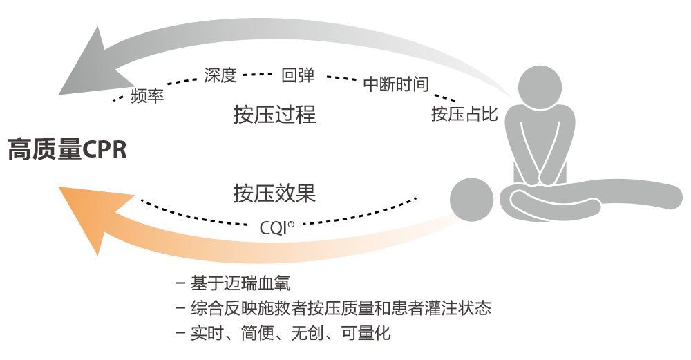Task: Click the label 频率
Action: (146, 95)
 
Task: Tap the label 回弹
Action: (298, 75)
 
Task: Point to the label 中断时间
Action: (396, 84)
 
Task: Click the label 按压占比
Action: (464, 113)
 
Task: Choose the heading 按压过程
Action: (274, 114)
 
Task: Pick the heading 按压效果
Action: (274, 193)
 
